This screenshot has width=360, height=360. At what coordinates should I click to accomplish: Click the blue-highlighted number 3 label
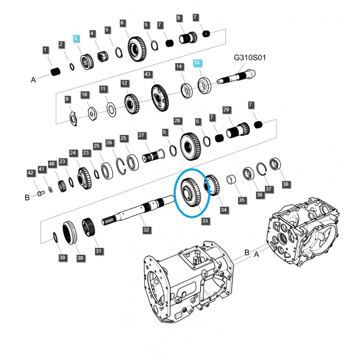(76, 39)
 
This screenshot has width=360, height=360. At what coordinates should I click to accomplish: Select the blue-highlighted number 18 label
(198, 63)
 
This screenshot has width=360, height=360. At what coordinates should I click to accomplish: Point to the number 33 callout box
(205, 221)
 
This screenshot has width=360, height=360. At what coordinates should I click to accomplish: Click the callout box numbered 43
(147, 74)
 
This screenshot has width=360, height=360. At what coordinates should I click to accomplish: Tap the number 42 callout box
(31, 173)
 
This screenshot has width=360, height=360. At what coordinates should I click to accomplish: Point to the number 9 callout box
(67, 99)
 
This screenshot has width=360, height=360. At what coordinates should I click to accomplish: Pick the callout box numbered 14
(180, 67)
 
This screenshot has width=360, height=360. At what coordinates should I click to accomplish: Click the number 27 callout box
(142, 135)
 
